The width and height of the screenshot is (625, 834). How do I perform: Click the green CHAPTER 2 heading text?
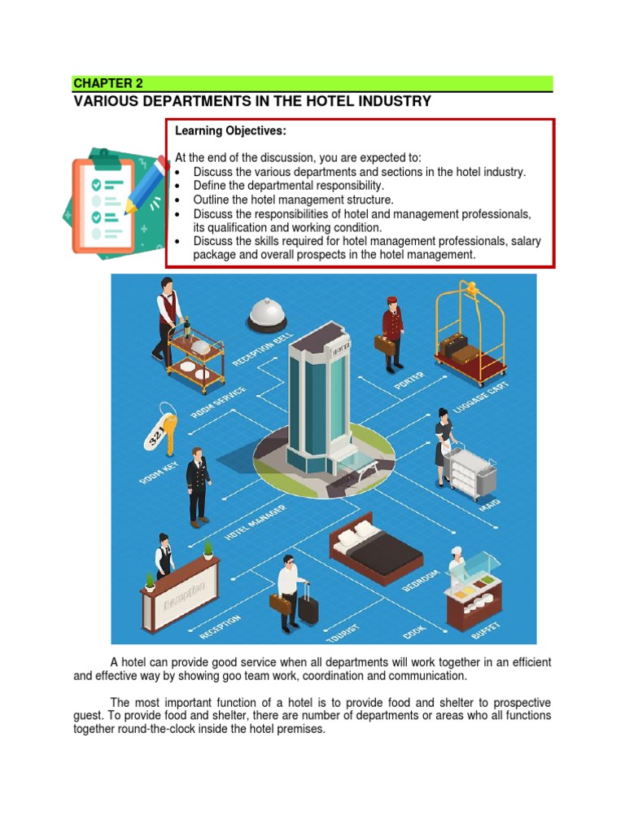click(x=103, y=83)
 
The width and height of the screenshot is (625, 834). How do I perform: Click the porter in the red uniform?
click(x=392, y=332)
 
